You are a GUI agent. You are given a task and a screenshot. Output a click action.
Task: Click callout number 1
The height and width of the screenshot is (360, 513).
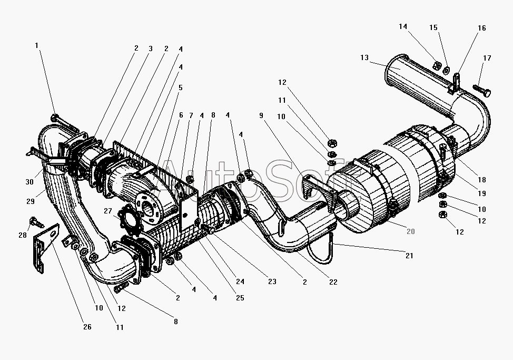(x=37, y=46)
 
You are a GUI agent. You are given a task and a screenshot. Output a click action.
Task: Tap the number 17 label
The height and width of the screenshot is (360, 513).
(x=487, y=58)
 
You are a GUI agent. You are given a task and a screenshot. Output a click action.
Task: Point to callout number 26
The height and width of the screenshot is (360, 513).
(x=87, y=327)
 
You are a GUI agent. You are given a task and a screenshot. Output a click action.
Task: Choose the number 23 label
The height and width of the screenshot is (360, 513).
(x=272, y=281)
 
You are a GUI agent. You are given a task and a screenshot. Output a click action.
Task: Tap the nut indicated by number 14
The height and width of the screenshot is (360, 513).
(x=437, y=66)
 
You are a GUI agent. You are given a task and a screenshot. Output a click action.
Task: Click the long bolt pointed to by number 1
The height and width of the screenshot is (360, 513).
(x=66, y=123)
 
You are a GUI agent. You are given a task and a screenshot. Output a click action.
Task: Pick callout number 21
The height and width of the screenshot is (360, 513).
(x=409, y=256)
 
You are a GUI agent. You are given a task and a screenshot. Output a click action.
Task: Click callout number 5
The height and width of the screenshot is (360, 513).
(x=180, y=87)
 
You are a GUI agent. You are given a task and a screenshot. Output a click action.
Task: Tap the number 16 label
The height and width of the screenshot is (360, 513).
(x=482, y=28)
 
